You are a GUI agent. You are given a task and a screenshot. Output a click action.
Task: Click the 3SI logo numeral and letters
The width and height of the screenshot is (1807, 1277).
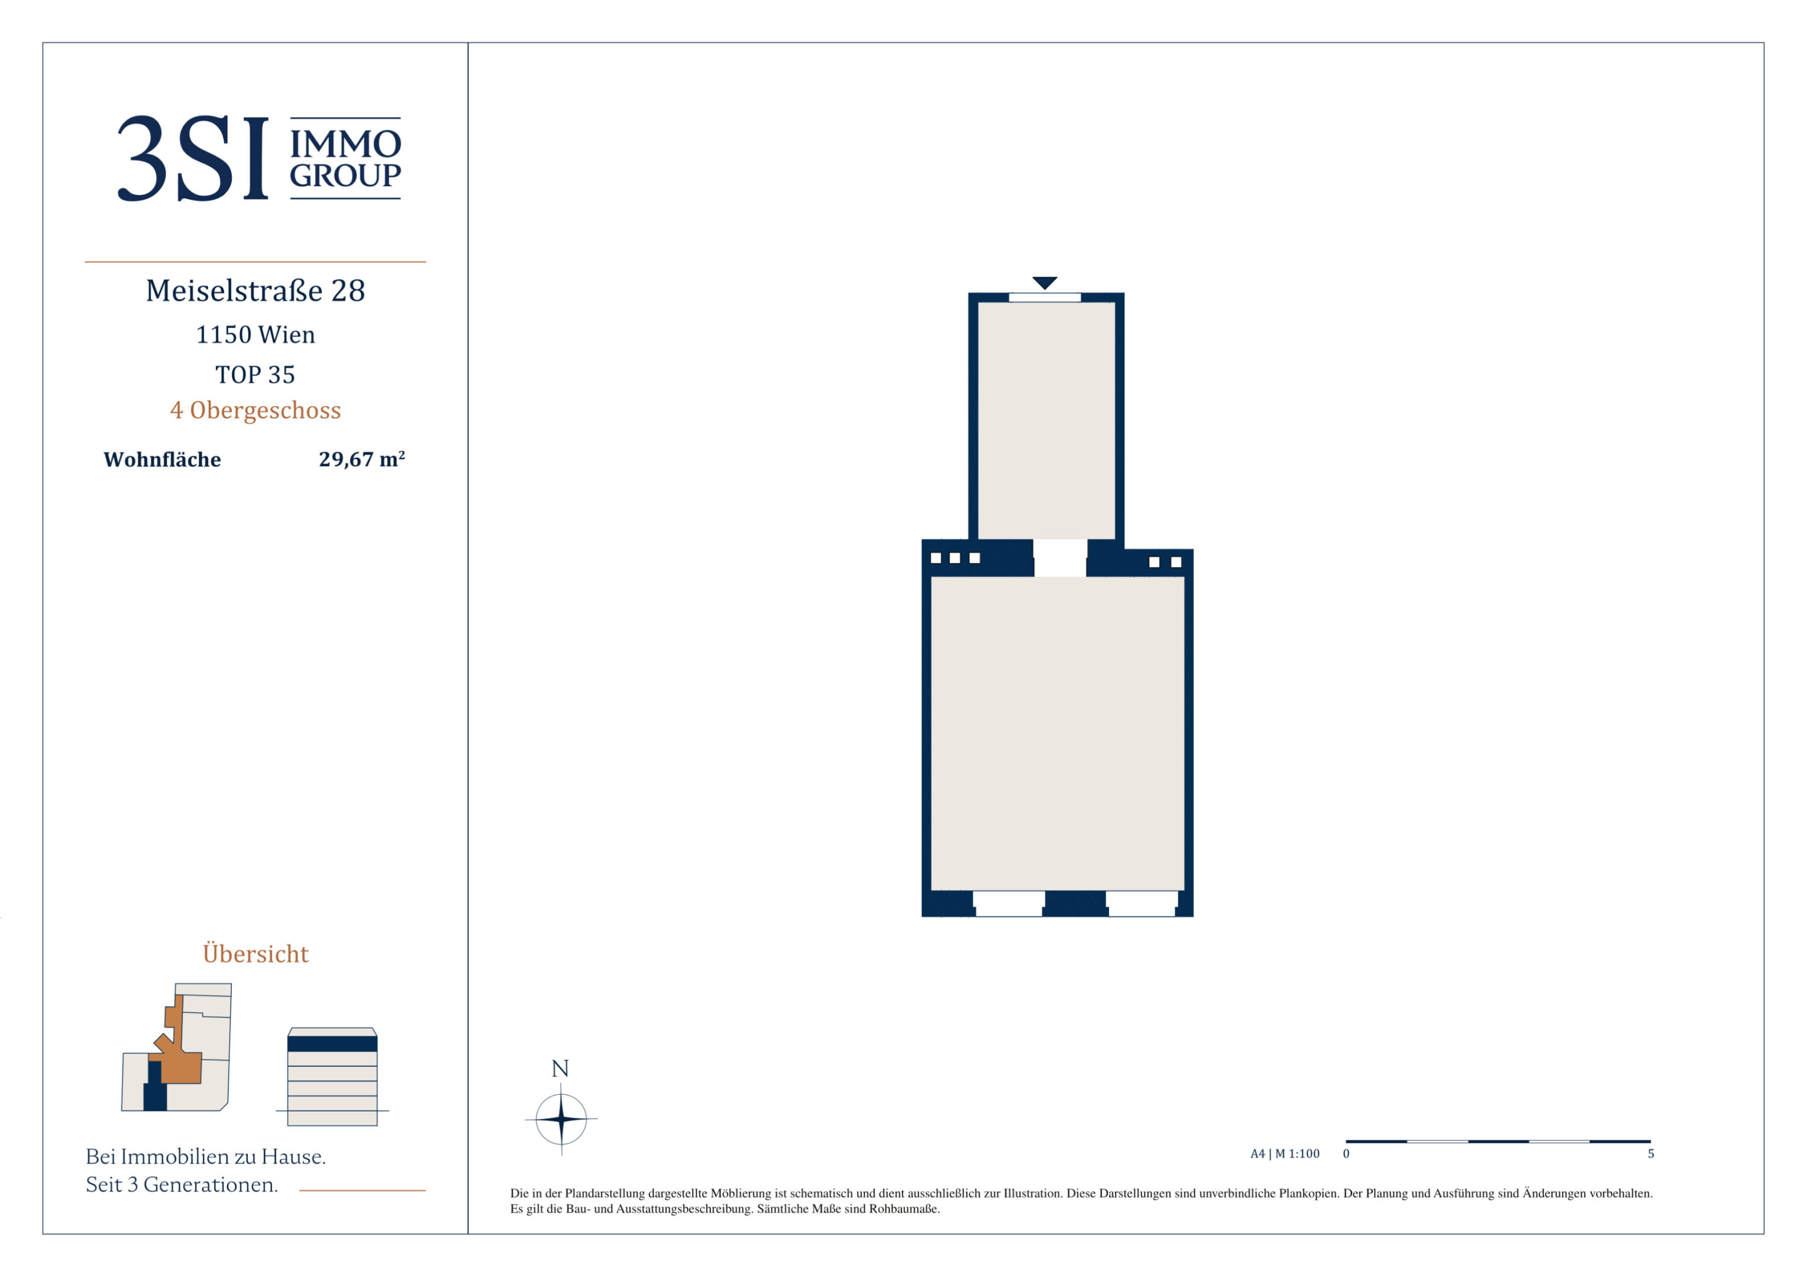193,158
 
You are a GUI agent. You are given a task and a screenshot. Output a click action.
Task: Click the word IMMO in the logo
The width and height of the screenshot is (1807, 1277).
345,144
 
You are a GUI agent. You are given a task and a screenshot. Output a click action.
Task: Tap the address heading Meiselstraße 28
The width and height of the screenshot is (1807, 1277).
256,291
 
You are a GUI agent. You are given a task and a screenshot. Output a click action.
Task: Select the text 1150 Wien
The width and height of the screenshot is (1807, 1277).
256,335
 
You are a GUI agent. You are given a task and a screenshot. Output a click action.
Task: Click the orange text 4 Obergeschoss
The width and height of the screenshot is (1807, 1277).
256,411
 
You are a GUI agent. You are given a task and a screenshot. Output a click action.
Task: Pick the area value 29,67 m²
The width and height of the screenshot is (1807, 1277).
362,459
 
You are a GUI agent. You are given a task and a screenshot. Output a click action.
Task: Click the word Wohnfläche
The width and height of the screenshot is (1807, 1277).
162,461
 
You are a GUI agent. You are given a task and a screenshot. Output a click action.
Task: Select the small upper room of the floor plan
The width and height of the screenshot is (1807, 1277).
1046,421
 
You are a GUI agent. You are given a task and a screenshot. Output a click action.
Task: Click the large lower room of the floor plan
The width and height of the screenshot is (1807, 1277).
1057,733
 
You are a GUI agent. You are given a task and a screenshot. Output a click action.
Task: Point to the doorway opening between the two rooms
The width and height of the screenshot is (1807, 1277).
1060,558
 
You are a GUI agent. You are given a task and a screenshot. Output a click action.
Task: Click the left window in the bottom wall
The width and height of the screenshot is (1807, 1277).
1009,903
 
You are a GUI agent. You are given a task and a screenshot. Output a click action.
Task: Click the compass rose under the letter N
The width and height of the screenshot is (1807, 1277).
561,1118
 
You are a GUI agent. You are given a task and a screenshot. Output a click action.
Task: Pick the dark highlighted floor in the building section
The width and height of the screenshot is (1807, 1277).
332,1044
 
